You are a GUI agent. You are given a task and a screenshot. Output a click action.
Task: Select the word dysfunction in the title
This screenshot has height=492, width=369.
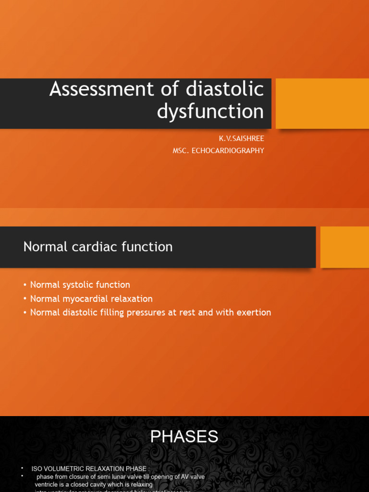point(210,111)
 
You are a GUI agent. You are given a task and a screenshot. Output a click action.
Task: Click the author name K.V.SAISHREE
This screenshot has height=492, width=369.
point(242,138)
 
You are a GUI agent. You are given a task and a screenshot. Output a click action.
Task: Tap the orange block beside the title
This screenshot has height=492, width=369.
point(322,103)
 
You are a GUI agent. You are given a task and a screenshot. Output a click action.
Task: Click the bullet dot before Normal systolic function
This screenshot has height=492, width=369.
point(25,285)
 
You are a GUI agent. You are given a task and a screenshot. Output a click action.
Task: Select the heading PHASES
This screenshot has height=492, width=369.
point(184,437)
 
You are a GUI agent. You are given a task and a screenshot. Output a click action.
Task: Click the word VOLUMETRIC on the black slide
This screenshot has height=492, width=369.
point(65,468)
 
